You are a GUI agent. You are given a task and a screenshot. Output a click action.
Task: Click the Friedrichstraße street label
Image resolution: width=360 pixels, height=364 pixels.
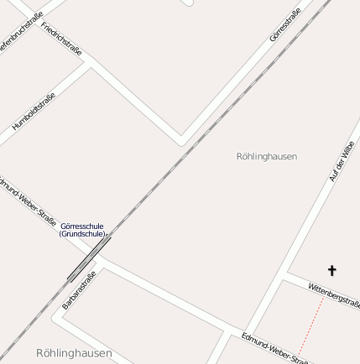(62, 39)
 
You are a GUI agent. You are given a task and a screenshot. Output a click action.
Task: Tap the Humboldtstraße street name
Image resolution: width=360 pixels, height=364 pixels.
(34, 112)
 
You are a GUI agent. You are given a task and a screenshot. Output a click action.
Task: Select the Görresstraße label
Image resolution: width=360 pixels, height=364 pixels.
(285, 25)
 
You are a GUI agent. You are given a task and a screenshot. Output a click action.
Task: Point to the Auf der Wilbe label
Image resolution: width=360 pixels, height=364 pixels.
(342, 161)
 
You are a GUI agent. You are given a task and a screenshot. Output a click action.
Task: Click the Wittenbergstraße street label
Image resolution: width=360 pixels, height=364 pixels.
(334, 294)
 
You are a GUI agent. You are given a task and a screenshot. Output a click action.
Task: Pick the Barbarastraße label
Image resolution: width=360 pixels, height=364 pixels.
(80, 289)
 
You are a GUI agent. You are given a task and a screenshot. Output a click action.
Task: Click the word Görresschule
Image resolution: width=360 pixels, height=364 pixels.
(82, 226)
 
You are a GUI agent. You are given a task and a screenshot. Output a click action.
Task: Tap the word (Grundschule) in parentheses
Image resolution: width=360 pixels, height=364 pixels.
(82, 234)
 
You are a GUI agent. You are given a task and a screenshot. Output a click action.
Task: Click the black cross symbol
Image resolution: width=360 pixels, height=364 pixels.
(331, 270)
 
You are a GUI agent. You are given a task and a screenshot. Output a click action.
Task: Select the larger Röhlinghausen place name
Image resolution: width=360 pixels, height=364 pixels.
(74, 353)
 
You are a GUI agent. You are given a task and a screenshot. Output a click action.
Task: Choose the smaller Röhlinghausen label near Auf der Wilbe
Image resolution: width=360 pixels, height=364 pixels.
(267, 156)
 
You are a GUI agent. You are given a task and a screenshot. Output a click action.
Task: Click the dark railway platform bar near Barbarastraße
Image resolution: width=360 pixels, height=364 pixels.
(89, 258)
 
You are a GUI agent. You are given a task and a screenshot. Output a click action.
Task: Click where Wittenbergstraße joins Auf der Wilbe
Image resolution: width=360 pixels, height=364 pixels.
(288, 273)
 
